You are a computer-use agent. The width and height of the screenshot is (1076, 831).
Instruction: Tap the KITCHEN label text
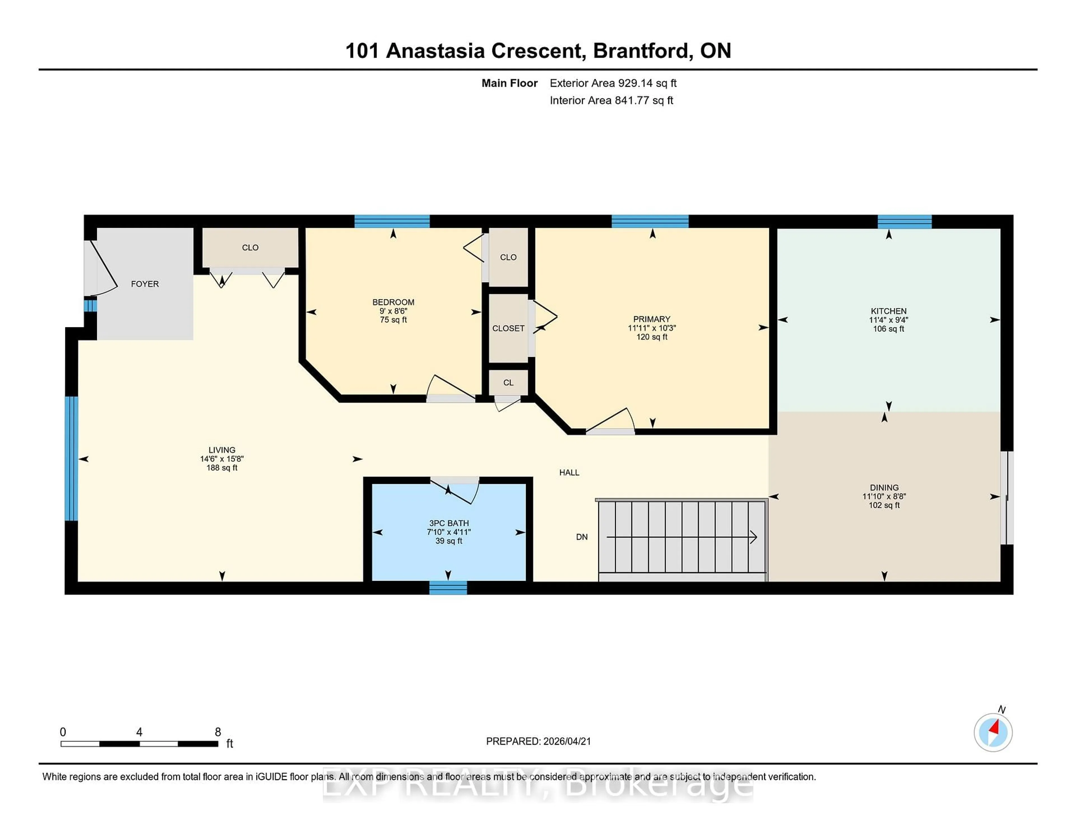888,311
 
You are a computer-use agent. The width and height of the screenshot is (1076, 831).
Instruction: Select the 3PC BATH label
448,523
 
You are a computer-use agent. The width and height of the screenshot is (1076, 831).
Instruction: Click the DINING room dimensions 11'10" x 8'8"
884,497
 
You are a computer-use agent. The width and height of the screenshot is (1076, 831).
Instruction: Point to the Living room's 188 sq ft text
222,468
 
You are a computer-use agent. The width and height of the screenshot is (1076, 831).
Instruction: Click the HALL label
569,473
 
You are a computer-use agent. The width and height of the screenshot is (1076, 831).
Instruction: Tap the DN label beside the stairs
581,537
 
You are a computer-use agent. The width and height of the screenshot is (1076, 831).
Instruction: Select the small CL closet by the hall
508,382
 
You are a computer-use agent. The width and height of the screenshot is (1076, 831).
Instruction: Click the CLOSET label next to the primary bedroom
508,328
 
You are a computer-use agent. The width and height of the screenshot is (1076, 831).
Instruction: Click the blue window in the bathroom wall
448,587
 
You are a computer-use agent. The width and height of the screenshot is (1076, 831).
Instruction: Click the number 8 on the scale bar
218,732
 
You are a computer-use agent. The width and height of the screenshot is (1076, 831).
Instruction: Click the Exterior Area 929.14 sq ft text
613,83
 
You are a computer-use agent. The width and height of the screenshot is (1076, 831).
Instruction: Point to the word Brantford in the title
641,51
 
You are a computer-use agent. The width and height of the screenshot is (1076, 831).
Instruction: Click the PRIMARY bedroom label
651,319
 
